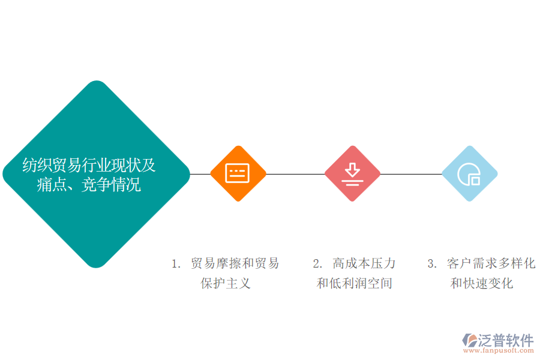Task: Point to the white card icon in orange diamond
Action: click(x=237, y=173)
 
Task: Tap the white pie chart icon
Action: click(x=469, y=175)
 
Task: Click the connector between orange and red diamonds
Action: click(x=295, y=174)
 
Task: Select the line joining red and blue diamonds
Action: click(x=411, y=174)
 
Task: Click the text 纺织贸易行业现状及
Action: click(x=89, y=165)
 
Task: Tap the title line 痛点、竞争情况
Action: click(x=89, y=185)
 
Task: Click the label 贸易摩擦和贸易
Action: click(x=235, y=263)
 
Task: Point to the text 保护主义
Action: click(x=226, y=283)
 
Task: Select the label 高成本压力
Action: click(x=364, y=263)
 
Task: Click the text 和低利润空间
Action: click(x=355, y=283)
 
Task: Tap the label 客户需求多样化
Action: click(x=491, y=263)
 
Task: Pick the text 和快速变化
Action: click(x=482, y=283)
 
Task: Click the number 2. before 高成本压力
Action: click(x=317, y=264)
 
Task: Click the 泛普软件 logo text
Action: click(x=506, y=340)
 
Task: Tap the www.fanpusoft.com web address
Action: click(x=499, y=350)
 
